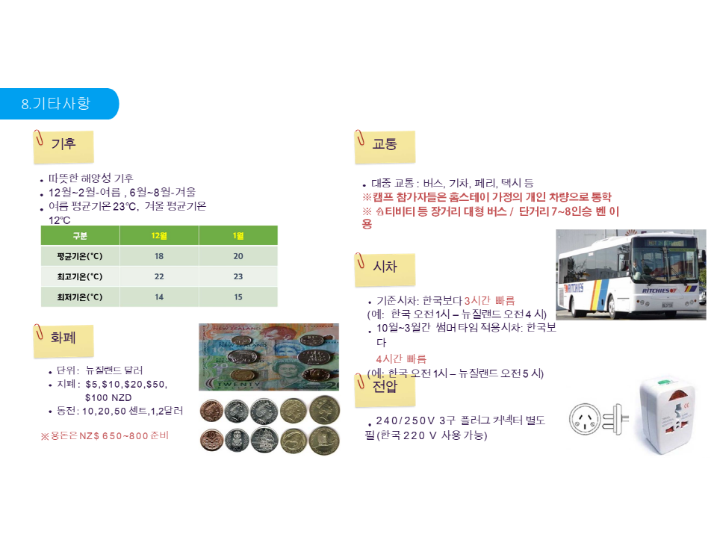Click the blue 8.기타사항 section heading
56,103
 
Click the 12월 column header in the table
159,235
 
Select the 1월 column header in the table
238,235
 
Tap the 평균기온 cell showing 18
159,256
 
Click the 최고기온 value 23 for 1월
238,276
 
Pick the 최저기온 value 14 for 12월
159,297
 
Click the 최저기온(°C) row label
80,297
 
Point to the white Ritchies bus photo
631,274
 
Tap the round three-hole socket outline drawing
585,419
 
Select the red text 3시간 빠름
490,300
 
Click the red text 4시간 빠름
401,358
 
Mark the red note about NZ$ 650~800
105,435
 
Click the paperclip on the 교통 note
360,138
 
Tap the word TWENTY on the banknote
238,384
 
